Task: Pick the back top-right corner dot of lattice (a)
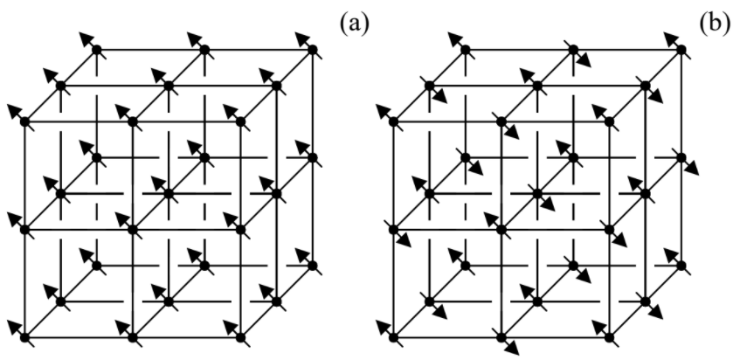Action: point(312,50)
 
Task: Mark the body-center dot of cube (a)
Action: point(168,193)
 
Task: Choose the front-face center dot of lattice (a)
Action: point(132,229)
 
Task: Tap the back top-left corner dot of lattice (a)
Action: point(96,50)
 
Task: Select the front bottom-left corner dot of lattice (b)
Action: point(392,336)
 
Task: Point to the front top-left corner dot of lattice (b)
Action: point(392,121)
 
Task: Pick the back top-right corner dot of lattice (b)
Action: point(680,50)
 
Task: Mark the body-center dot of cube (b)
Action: point(536,193)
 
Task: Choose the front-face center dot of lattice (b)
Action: point(500,229)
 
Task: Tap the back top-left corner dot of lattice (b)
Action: point(464,50)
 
